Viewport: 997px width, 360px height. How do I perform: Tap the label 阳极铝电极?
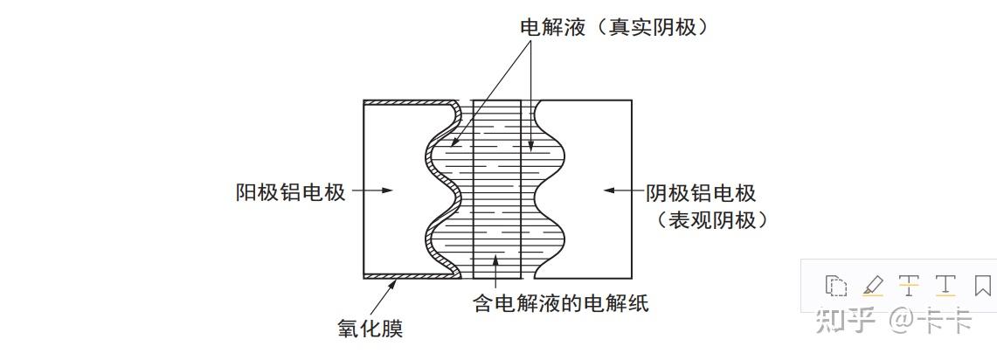[291, 192]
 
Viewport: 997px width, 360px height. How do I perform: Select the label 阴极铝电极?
[701, 192]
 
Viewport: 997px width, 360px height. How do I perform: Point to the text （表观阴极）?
[711, 220]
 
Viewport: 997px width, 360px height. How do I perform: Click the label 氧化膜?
[370, 329]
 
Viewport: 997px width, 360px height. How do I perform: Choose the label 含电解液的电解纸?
[560, 304]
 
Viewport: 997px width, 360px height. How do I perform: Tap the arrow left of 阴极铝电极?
[620, 190]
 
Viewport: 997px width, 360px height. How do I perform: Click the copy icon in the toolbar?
[836, 286]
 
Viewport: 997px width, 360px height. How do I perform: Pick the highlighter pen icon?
[873, 286]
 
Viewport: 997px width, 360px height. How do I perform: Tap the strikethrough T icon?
[909, 286]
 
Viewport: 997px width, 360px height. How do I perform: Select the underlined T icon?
[945, 286]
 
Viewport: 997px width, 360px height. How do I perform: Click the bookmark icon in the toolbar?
[982, 286]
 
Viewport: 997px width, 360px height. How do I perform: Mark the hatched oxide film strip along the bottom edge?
[411, 275]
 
